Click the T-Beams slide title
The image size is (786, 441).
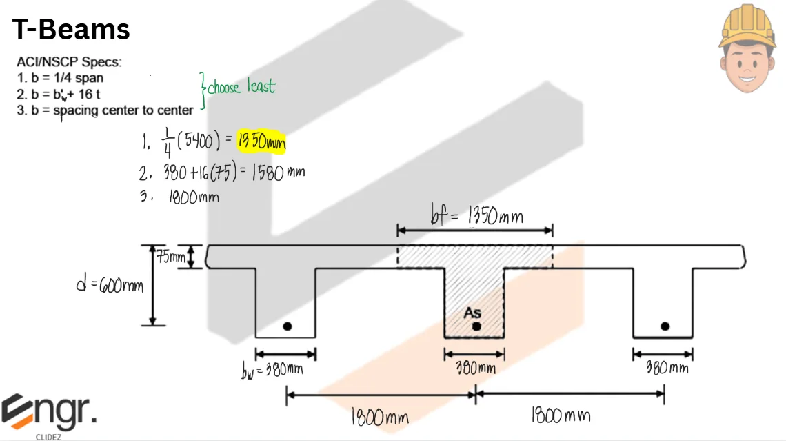pos(71,29)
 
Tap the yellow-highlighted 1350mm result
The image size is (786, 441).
pos(261,141)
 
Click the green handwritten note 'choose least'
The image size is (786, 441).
pos(241,88)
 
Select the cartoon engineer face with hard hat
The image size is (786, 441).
pos(747,49)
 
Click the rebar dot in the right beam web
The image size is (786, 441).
pos(665,326)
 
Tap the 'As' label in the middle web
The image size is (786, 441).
pos(472,313)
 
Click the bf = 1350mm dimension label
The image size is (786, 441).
pos(476,217)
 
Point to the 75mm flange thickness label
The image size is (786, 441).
pos(170,258)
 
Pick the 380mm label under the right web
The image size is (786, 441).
pos(667,368)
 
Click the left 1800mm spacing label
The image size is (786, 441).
pos(379,418)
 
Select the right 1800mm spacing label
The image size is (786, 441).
pos(561,415)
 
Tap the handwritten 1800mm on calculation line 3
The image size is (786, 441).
pos(194,197)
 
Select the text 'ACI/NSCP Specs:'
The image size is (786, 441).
pos(69,62)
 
